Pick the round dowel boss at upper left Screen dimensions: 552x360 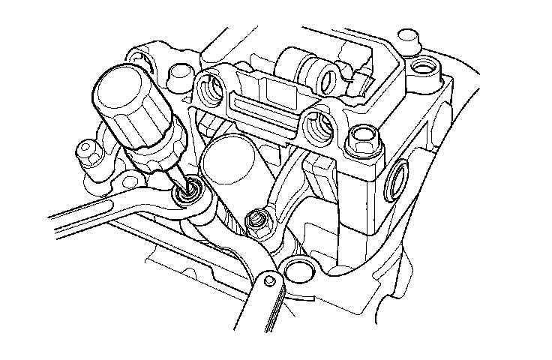pyautogui.click(x=179, y=73)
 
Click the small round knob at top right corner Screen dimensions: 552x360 pyautogui.click(x=408, y=35)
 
